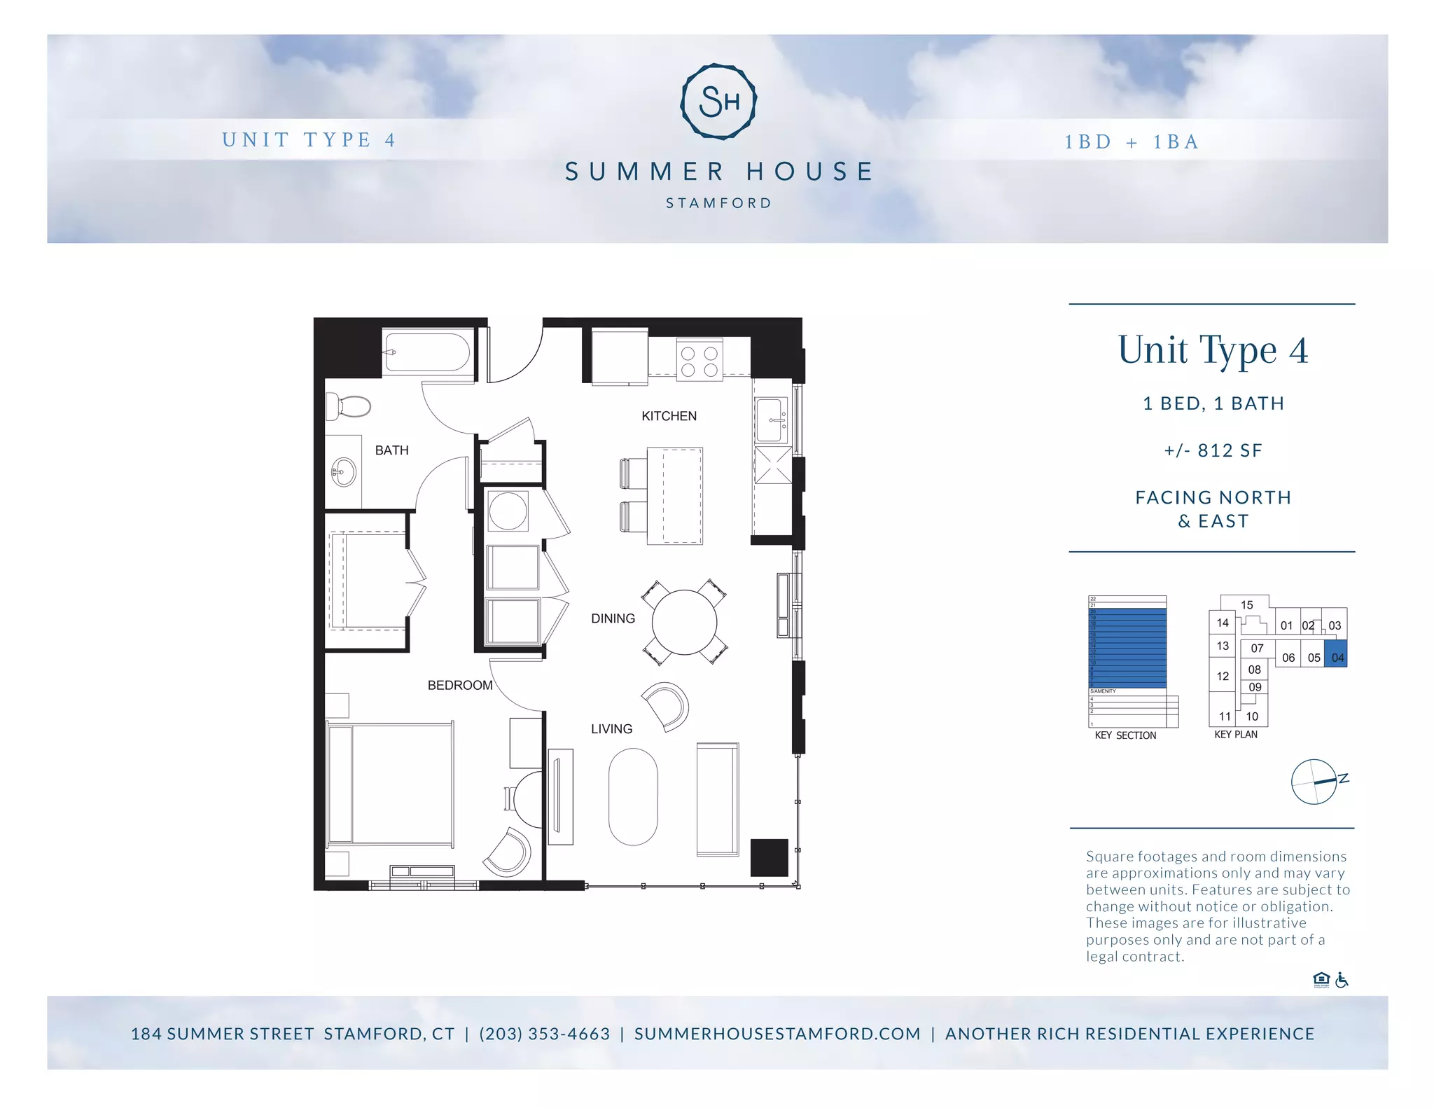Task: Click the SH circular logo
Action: tap(718, 102)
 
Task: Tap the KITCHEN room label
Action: tap(669, 416)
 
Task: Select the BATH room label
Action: tap(391, 450)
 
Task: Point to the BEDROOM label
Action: tap(460, 685)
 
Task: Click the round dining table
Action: tap(684, 622)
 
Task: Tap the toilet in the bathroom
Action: tap(349, 406)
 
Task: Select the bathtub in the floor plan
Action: tap(427, 352)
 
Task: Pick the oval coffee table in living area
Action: tap(633, 797)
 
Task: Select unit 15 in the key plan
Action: tap(1246, 604)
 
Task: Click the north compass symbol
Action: tap(1314, 782)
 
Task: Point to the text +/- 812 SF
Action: tap(1213, 450)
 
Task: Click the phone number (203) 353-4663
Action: tap(544, 1034)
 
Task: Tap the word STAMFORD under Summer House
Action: tap(718, 203)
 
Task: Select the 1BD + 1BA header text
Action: tap(1132, 141)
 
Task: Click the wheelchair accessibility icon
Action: tap(1342, 980)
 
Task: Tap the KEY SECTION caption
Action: tap(1125, 735)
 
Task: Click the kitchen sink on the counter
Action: tap(770, 420)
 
